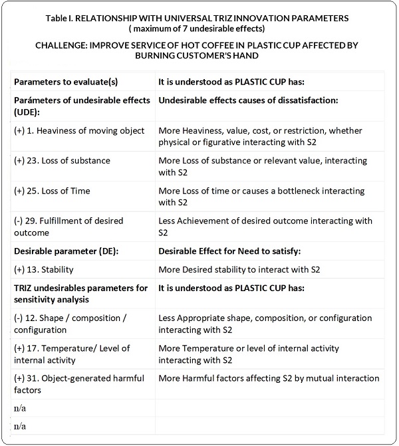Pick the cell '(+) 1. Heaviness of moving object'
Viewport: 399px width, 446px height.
click(78, 130)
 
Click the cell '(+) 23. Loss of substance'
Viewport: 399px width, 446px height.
click(62, 160)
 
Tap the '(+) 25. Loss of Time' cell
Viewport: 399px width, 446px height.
click(57, 191)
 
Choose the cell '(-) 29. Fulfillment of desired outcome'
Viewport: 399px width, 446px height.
click(68, 227)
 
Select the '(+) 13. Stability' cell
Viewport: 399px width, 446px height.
click(43, 270)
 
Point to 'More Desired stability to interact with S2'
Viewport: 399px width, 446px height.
click(239, 270)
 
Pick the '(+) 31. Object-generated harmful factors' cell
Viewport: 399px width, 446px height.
click(78, 384)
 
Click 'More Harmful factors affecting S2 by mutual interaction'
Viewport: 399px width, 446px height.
click(269, 378)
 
